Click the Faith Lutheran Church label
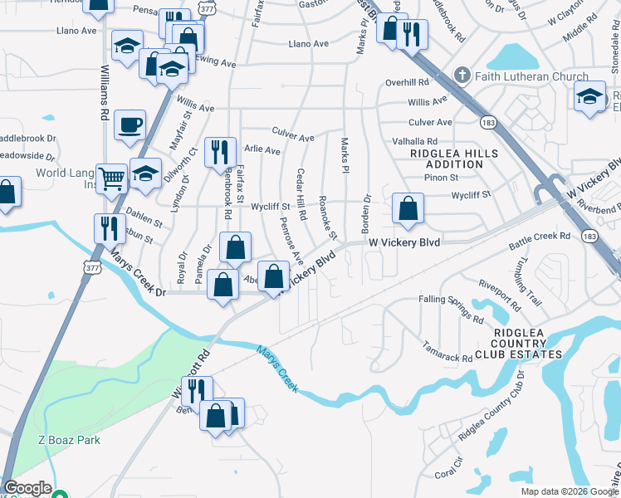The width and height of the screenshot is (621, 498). pos(533,76)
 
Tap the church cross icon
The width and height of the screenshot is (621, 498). pos(467,76)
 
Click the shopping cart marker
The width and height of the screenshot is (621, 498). pos(111,178)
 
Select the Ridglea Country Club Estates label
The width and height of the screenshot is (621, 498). pos(527,344)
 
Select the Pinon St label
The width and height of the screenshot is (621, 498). pos(442,178)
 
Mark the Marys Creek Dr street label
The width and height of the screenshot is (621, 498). pos(139,277)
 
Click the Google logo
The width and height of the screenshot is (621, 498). pos(28,488)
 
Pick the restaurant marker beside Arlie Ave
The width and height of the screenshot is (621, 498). pos(220,152)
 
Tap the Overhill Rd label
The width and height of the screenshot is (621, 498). pos(407,83)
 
